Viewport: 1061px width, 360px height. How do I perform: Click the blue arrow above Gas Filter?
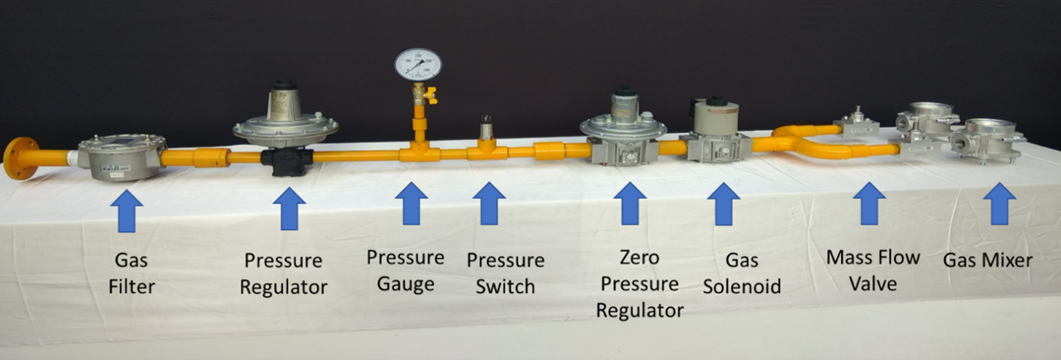tap(127, 210)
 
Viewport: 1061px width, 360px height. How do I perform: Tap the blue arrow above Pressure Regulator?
tap(289, 208)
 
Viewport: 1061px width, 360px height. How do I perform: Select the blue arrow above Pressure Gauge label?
tap(411, 204)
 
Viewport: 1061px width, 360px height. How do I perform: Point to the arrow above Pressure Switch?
tap(489, 204)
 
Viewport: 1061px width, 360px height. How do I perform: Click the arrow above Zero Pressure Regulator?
tap(629, 204)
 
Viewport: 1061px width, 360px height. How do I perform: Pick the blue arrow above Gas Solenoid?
tap(723, 204)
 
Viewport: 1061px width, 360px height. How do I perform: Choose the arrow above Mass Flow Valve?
tap(869, 204)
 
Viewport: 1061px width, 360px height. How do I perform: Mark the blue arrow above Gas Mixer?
tap(999, 204)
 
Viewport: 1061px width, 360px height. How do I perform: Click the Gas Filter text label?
tap(131, 274)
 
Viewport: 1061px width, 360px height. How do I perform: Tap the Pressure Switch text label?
tap(505, 273)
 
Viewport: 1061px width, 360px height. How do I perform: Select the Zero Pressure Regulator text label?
tap(639, 284)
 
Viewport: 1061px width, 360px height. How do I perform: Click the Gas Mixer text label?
tap(988, 261)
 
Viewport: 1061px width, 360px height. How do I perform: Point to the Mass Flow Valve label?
tap(872, 270)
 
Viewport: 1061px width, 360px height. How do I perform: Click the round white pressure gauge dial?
tap(418, 65)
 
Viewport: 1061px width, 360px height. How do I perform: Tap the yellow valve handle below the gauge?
tap(430, 95)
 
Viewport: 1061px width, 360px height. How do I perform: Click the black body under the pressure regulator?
tap(286, 162)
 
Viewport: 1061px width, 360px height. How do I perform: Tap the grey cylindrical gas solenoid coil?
tap(716, 117)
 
